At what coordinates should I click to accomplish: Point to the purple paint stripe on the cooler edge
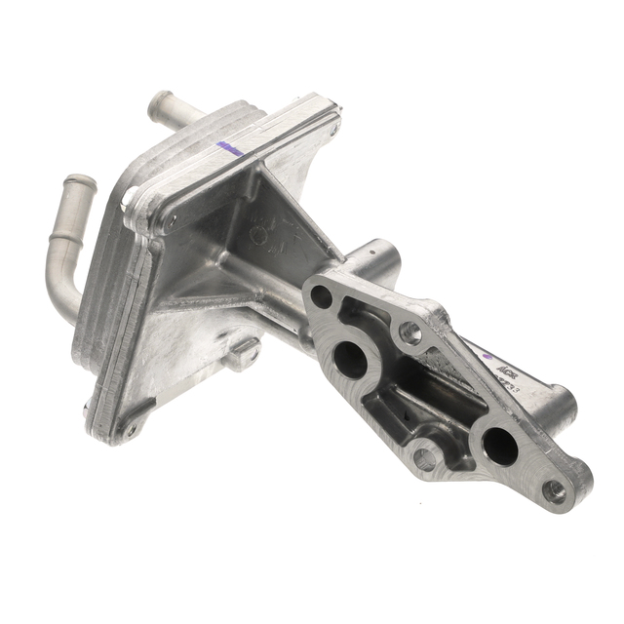pos(230,148)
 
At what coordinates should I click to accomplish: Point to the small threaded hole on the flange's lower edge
pos(424,456)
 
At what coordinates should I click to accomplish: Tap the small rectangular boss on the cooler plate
pos(241,352)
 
